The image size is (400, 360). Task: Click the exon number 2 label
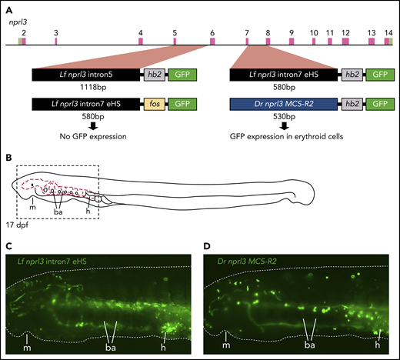pyautogui.click(x=24, y=33)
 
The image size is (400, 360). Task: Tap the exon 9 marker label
pyautogui.click(x=291, y=33)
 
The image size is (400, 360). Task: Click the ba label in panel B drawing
pyautogui.click(x=58, y=213)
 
